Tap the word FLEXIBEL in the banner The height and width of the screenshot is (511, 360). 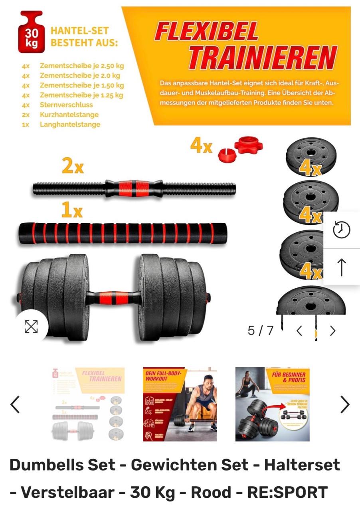[206, 32]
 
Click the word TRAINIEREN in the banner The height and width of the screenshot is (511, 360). [262, 58]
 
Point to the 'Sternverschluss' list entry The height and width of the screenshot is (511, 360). [66, 105]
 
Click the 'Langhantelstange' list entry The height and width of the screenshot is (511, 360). [70, 124]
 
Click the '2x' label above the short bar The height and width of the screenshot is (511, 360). [73, 166]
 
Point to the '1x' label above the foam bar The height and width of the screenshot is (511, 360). [72, 210]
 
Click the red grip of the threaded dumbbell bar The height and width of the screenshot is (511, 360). [134, 187]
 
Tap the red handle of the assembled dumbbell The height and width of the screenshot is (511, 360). [113, 298]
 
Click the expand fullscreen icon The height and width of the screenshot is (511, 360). [31, 326]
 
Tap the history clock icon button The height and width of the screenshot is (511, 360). [341, 230]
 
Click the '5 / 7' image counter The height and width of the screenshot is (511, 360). [260, 331]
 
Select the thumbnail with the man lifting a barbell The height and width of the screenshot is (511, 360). [180, 404]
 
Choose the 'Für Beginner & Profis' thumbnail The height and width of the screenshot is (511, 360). [272, 404]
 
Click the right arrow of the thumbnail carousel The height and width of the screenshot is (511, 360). [344, 404]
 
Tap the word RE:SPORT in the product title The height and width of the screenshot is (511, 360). [287, 492]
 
